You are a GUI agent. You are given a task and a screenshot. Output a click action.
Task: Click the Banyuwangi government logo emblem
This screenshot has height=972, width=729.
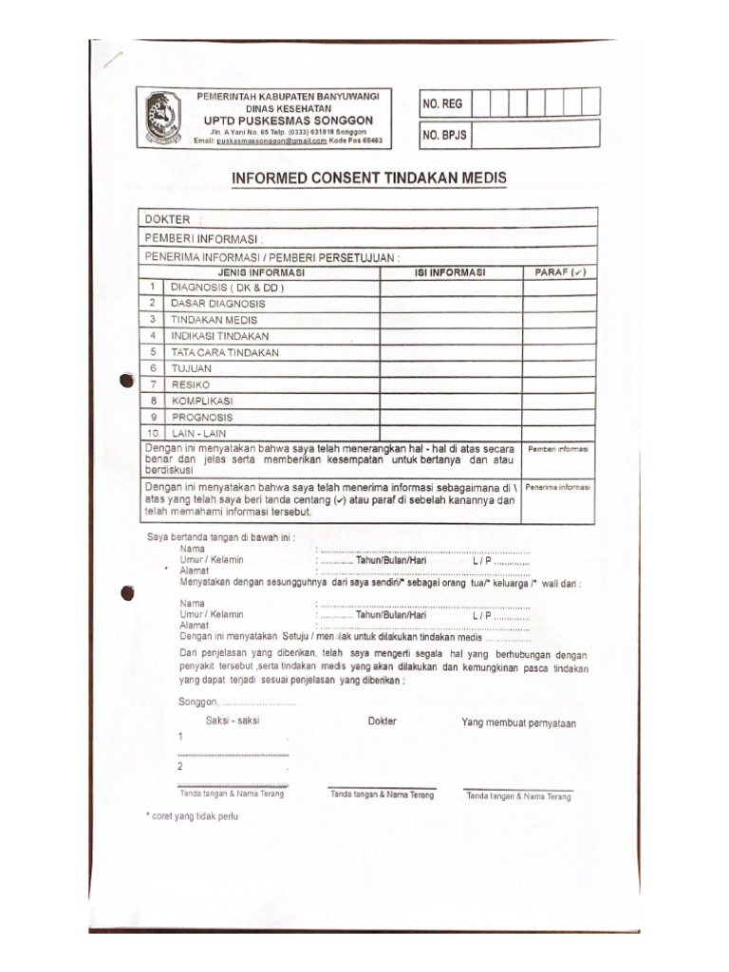(163, 118)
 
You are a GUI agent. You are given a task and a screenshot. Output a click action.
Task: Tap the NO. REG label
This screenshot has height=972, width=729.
(443, 103)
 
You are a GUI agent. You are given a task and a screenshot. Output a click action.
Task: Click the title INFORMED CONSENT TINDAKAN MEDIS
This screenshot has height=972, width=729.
(370, 178)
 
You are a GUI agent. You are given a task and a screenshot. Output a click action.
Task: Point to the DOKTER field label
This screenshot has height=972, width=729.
(168, 219)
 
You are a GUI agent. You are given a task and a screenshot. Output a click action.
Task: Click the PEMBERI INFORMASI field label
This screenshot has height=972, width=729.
(203, 238)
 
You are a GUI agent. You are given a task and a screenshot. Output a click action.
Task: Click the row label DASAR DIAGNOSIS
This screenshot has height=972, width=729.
(217, 304)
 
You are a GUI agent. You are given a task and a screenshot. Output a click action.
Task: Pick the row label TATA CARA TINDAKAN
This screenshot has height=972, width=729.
(225, 352)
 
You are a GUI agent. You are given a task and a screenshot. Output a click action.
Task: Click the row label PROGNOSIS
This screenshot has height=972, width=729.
(201, 417)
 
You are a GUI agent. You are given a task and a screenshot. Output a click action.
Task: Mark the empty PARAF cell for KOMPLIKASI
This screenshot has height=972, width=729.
(560, 401)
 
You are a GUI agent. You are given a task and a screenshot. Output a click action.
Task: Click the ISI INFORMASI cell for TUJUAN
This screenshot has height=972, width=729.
(451, 368)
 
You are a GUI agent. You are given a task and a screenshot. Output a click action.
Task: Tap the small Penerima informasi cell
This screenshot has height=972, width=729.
(559, 487)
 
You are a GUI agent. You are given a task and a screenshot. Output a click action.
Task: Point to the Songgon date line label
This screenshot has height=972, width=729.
(199, 702)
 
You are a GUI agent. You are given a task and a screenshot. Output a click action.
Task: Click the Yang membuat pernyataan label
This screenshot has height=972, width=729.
(518, 723)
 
